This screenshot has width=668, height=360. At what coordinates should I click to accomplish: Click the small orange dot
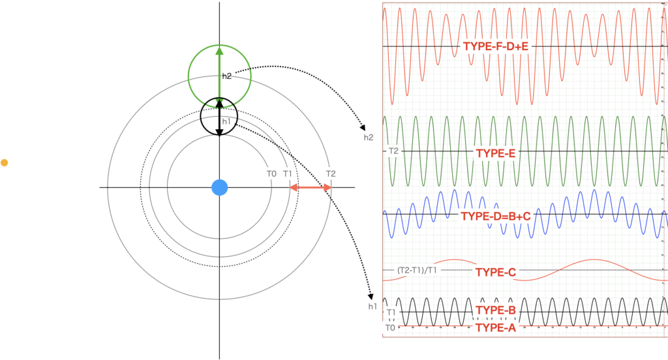(x=4, y=162)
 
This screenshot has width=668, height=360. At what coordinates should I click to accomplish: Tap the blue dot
(x=220, y=188)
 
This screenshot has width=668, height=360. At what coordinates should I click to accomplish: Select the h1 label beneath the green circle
(x=226, y=121)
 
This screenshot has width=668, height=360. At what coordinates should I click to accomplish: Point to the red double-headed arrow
(x=311, y=188)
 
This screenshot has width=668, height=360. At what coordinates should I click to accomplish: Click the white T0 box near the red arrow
(x=271, y=173)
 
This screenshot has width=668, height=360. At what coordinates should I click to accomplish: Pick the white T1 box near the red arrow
(x=288, y=173)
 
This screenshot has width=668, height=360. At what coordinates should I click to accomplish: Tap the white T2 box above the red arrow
(x=331, y=173)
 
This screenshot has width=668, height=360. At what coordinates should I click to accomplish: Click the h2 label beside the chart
(x=369, y=138)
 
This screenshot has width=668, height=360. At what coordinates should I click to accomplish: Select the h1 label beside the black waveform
(x=372, y=307)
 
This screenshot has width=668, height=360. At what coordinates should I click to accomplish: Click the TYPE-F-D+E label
(x=496, y=46)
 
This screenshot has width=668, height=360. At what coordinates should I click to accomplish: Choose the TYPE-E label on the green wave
(x=496, y=153)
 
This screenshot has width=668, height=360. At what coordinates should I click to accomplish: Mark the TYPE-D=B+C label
(x=496, y=216)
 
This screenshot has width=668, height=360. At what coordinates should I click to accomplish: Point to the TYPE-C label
(x=496, y=272)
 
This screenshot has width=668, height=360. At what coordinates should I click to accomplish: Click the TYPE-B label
(x=496, y=310)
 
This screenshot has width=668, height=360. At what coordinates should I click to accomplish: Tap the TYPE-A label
(x=496, y=327)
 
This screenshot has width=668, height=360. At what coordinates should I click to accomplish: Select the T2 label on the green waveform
(x=393, y=151)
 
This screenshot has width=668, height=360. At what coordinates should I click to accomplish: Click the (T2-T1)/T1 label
(x=417, y=270)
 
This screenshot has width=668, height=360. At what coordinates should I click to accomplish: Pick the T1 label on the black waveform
(x=391, y=312)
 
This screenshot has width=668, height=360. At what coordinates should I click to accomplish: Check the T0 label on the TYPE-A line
(x=390, y=327)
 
